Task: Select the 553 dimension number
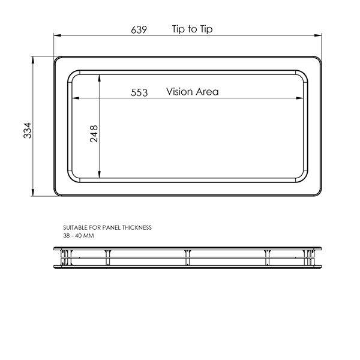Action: tap(139, 92)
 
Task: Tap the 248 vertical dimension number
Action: tap(94, 133)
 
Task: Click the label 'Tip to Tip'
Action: tap(192, 29)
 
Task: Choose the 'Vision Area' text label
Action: tap(193, 92)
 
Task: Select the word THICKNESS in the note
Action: tap(136, 228)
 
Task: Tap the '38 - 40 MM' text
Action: tap(78, 236)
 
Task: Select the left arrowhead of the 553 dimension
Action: tap(74, 98)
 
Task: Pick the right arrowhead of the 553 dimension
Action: tap(302, 98)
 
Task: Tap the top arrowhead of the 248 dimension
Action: tap(100, 77)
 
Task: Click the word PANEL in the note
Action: tap(110, 228)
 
